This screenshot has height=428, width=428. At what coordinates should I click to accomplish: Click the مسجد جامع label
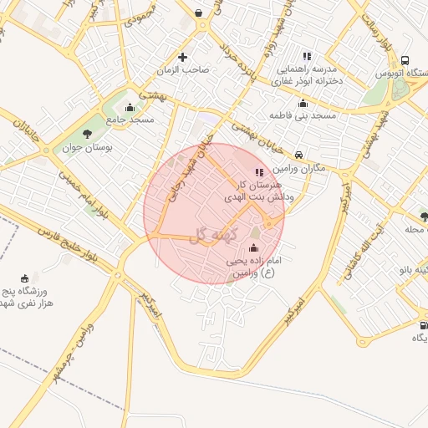pos(130,120)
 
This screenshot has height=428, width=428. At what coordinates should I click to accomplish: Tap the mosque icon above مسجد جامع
pos(129,107)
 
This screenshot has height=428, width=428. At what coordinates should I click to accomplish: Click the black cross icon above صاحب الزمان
pos(182,57)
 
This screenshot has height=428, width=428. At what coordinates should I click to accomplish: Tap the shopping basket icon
pos(198,13)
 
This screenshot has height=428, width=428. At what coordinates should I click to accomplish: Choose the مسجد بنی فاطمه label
pos(303,115)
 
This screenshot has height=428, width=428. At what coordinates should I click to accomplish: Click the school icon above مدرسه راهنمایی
pos(306,55)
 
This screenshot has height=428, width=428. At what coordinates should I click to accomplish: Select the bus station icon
pos(405,60)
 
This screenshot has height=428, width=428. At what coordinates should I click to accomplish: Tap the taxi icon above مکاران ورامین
pos(298,154)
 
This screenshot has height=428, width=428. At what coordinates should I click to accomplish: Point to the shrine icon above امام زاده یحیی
pos(254,248)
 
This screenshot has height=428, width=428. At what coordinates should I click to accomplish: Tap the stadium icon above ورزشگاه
pos(24,278)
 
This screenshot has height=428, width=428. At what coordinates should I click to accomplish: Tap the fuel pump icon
pos(422,325)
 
